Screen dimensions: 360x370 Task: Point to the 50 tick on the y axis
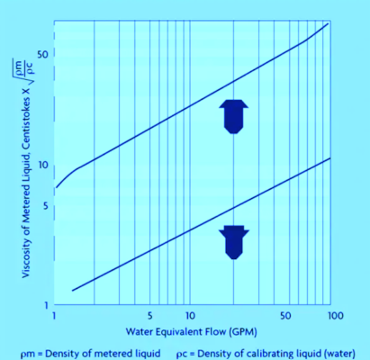point(41,54)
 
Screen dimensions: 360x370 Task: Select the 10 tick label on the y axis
point(40,166)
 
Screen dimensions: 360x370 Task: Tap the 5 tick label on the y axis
point(43,206)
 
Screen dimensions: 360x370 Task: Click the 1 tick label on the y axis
point(43,306)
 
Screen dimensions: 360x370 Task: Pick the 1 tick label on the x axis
point(56,318)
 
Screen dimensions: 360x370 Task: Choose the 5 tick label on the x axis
point(151,318)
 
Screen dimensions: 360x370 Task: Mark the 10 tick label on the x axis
point(190,318)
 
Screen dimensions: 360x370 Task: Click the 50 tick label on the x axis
point(285,318)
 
